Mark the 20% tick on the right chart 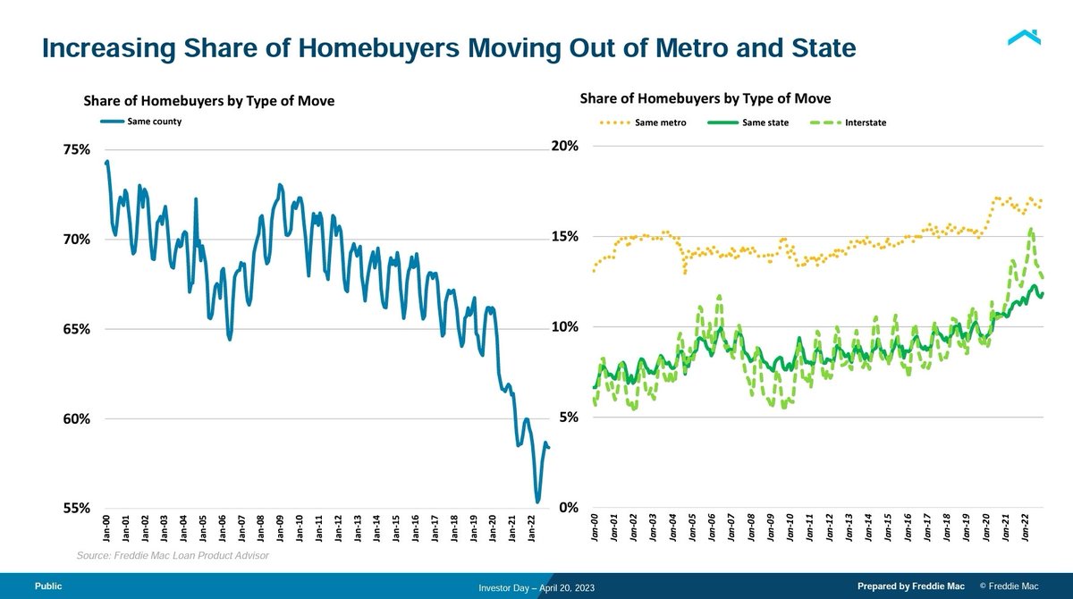pyautogui.click(x=566, y=147)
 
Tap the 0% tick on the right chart pyautogui.click(x=570, y=508)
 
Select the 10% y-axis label pyautogui.click(x=566, y=327)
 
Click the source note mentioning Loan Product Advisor pyautogui.click(x=173, y=556)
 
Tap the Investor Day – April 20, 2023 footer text pyautogui.click(x=536, y=587)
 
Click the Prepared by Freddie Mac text pyautogui.click(x=910, y=586)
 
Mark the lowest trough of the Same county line pyautogui.click(x=537, y=502)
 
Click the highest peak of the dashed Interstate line pyautogui.click(x=1031, y=229)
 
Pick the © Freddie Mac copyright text pyautogui.click(x=1010, y=586)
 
